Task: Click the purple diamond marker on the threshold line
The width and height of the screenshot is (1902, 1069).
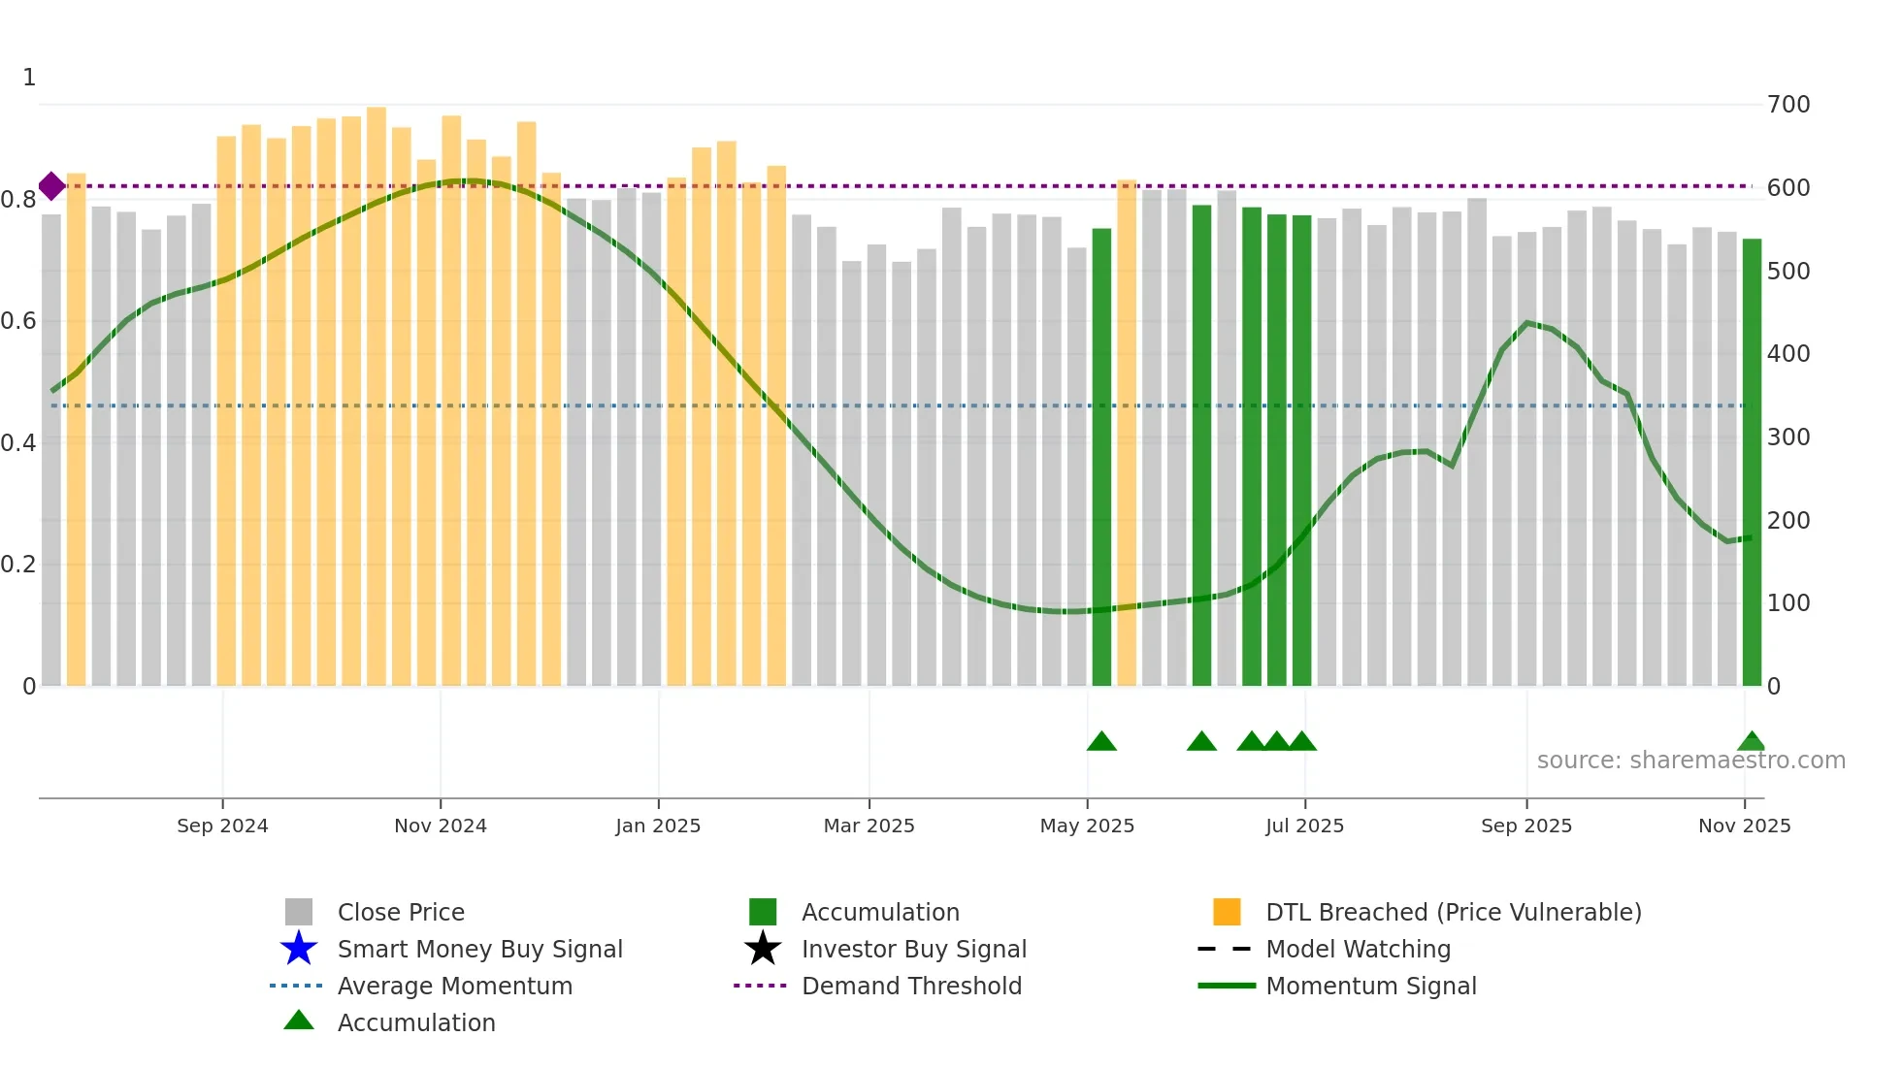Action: click(x=51, y=186)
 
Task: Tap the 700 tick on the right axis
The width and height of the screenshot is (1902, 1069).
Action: click(x=1788, y=105)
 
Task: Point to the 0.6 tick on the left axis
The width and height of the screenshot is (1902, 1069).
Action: click(x=18, y=321)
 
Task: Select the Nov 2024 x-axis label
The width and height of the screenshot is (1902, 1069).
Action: click(x=441, y=826)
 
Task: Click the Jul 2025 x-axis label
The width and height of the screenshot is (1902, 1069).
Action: click(x=1304, y=826)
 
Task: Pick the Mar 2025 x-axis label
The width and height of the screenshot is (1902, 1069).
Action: click(x=869, y=826)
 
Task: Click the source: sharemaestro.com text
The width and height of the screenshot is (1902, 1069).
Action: click(x=1690, y=761)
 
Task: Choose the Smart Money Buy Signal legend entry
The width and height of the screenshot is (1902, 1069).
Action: click(x=479, y=949)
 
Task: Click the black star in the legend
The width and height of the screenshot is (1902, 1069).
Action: click(x=763, y=949)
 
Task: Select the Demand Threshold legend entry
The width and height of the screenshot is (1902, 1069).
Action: click(x=911, y=986)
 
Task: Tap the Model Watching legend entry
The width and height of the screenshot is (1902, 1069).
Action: click(x=1358, y=949)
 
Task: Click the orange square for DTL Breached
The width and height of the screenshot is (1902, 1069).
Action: click(x=1227, y=912)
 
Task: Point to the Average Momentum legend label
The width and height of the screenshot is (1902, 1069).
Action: click(x=454, y=986)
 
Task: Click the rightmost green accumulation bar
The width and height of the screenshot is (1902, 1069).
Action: click(x=1752, y=462)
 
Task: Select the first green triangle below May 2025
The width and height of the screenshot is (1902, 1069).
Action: click(x=1101, y=742)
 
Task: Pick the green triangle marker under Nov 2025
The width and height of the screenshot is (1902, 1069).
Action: click(x=1752, y=742)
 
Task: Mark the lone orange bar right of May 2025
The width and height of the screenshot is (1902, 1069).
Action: click(x=1127, y=433)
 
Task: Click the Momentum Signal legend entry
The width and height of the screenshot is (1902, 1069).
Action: click(x=1370, y=986)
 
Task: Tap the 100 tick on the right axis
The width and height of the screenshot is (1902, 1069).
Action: click(x=1788, y=603)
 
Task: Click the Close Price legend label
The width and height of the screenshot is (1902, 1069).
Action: click(x=401, y=912)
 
